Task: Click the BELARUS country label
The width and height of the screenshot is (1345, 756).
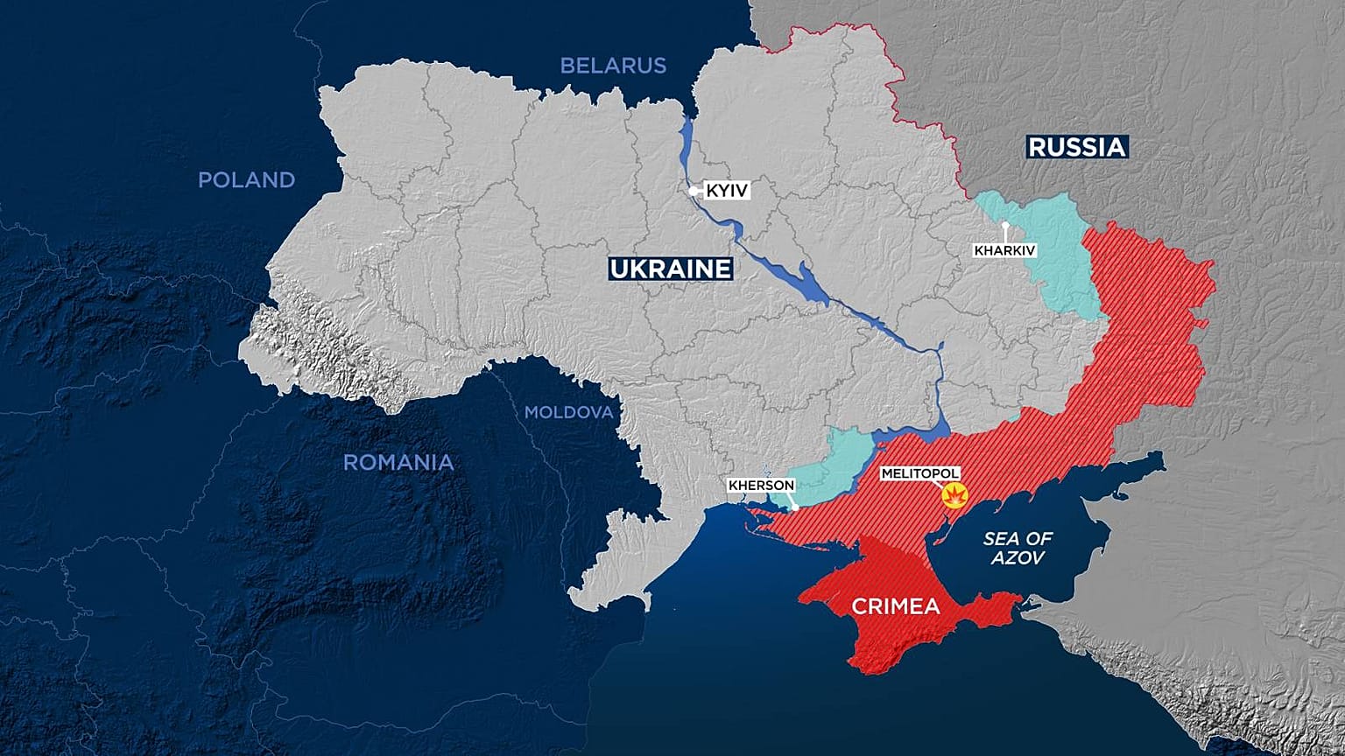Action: click(x=613, y=66)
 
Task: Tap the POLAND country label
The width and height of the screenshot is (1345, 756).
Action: click(x=246, y=180)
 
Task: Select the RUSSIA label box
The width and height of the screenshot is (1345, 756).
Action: click(x=1076, y=147)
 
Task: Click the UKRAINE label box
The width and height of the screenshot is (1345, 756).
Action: click(x=671, y=269)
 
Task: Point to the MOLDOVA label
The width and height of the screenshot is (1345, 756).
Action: click(x=569, y=412)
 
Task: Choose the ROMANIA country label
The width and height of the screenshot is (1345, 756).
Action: click(x=398, y=463)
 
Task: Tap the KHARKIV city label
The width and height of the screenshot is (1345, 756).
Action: click(x=1004, y=250)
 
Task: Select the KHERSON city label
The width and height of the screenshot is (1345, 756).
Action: click(x=761, y=486)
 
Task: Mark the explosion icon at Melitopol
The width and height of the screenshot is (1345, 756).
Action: click(x=954, y=497)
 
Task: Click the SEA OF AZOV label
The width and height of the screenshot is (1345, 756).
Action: click(x=1018, y=548)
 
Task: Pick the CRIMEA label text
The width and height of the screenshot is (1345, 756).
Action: click(x=896, y=606)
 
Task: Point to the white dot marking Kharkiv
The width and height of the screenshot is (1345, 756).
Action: click(x=1006, y=226)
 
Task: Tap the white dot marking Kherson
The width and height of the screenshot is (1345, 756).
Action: click(x=795, y=507)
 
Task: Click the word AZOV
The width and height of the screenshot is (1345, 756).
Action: click(x=1018, y=558)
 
